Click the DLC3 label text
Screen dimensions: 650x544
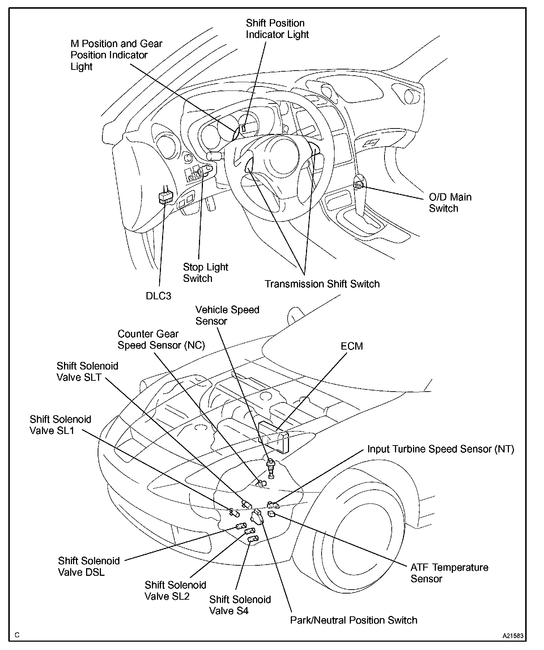pyautogui.click(x=158, y=296)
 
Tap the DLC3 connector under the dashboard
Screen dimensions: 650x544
pyautogui.click(x=166, y=197)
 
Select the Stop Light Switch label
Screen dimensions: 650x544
pyautogui.click(x=205, y=273)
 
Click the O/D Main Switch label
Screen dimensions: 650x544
pyautogui.click(x=450, y=203)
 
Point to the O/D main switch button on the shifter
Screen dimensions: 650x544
pyautogui.click(x=358, y=185)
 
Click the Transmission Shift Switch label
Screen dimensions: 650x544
pyautogui.click(x=322, y=284)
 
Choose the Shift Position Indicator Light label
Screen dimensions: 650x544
pyautogui.click(x=277, y=29)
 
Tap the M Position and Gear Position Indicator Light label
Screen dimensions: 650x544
pyautogui.click(x=116, y=55)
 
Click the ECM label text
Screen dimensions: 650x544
pyautogui.click(x=352, y=346)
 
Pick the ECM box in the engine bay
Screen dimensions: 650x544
pyautogui.click(x=274, y=436)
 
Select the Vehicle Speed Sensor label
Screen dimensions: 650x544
pyautogui.click(x=227, y=315)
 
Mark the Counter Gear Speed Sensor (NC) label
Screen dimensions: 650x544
pyautogui.click(x=161, y=339)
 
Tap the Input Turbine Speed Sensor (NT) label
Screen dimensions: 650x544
pyautogui.click(x=441, y=449)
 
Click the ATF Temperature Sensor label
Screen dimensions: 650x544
pyautogui.click(x=449, y=573)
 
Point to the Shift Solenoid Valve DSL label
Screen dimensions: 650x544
pyautogui.click(x=89, y=566)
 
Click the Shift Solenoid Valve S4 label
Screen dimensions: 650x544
pyautogui.click(x=240, y=605)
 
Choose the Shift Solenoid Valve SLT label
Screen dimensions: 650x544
pyautogui.click(x=87, y=371)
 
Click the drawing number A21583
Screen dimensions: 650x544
pyautogui.click(x=512, y=636)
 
